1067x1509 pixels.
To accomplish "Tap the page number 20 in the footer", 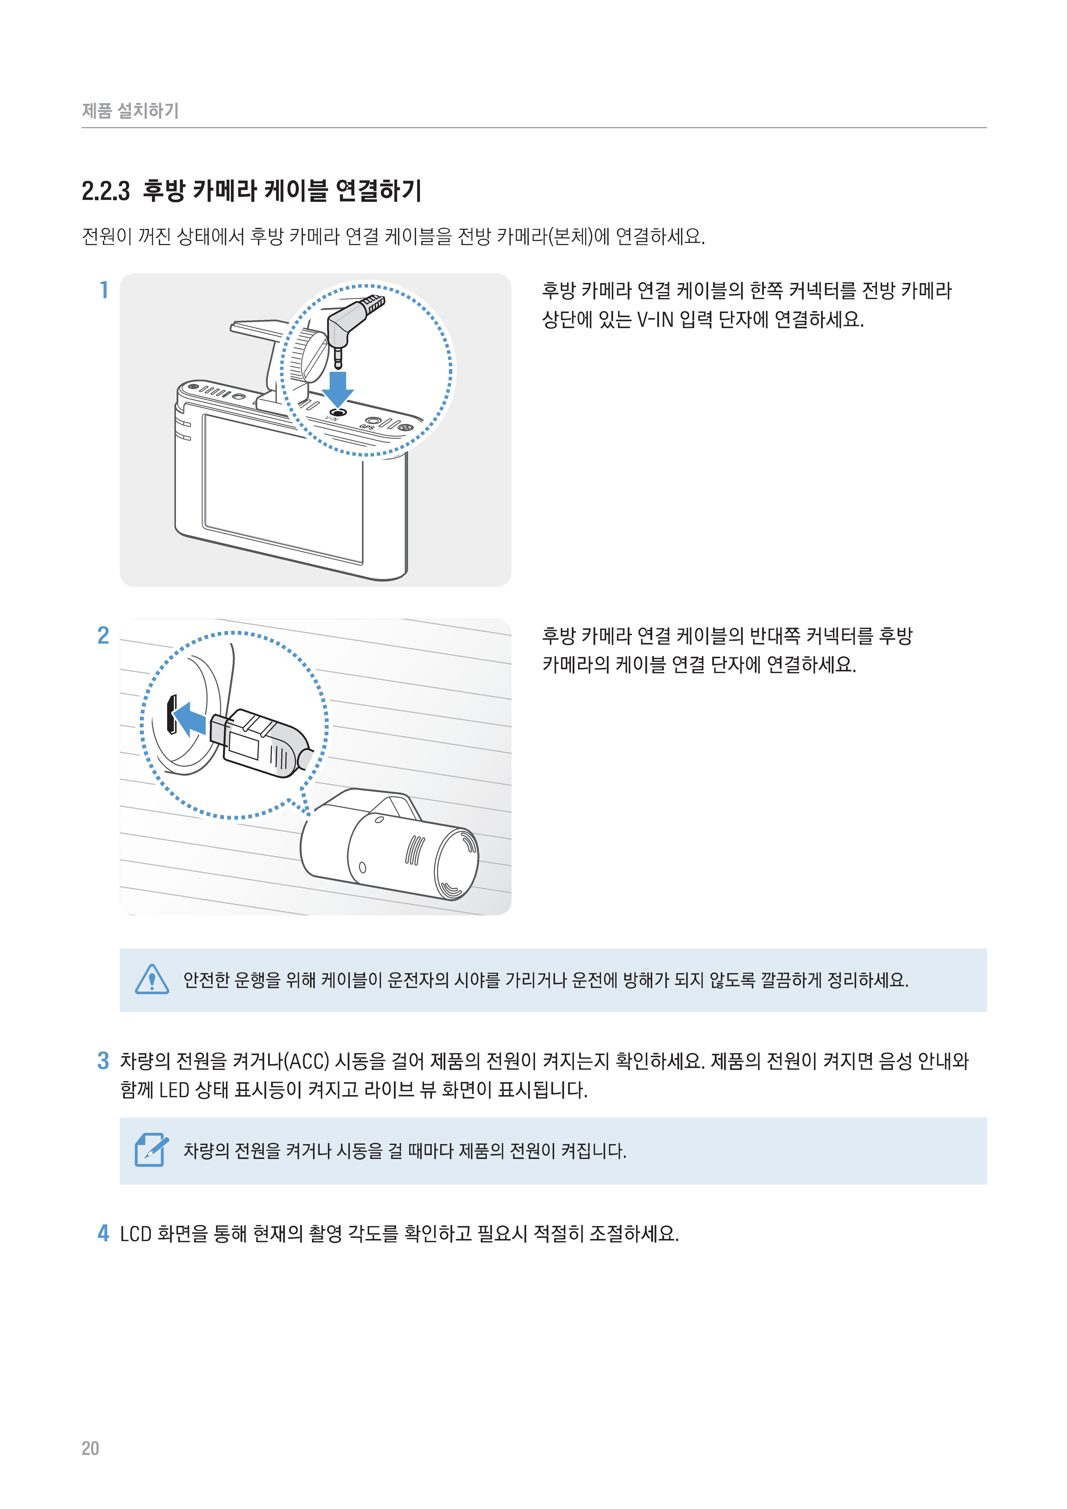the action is [90, 1448].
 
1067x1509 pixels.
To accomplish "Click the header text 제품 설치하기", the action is [130, 110].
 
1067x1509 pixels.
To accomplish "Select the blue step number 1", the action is [104, 290].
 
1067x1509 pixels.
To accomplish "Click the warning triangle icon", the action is [152, 979].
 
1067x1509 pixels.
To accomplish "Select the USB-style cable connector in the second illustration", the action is [260, 743].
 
